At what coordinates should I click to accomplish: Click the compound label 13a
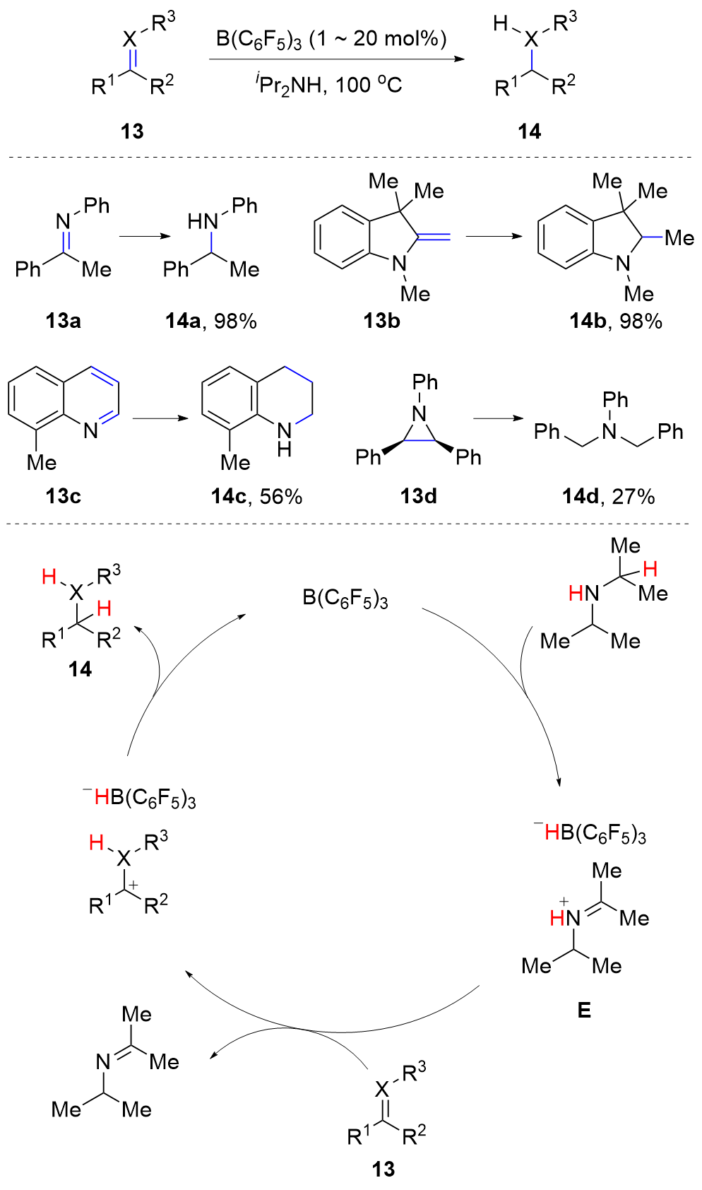[x=63, y=321]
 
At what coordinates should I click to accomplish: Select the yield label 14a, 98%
[x=211, y=322]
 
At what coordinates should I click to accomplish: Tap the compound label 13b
[x=381, y=321]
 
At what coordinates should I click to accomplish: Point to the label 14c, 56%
[x=256, y=497]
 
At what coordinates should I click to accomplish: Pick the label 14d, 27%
[x=608, y=497]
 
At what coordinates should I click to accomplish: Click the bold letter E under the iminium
[x=584, y=1011]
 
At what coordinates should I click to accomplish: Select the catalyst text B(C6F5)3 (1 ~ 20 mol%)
[x=331, y=40]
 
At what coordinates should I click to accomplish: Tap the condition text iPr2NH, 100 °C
[x=328, y=86]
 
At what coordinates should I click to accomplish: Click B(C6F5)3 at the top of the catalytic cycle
[x=345, y=599]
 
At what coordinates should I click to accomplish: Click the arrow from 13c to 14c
[x=160, y=418]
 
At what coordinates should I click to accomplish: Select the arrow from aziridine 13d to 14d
[x=501, y=418]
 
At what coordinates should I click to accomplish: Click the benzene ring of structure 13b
[x=342, y=237]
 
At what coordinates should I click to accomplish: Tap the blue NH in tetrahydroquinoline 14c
[x=284, y=438]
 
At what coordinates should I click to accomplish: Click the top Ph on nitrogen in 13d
[x=425, y=382]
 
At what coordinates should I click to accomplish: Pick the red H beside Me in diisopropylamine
[x=650, y=569]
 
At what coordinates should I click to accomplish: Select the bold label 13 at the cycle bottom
[x=383, y=1170]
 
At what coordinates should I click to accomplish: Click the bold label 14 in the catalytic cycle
[x=80, y=669]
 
